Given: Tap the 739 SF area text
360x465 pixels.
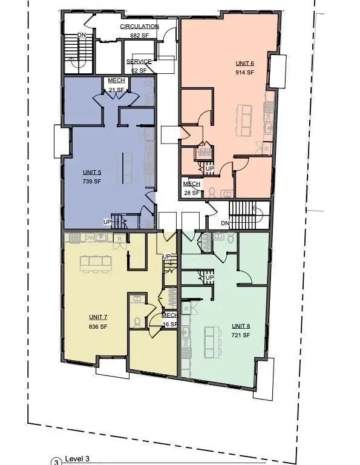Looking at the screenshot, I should pyautogui.click(x=91, y=180).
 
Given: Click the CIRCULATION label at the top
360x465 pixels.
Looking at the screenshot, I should pyautogui.click(x=139, y=27).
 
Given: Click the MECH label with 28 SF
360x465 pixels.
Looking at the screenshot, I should pyautogui.click(x=191, y=184).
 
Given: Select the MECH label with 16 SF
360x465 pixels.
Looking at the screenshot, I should pyautogui.click(x=169, y=315).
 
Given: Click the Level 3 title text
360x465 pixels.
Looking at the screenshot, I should pyautogui.click(x=77, y=459).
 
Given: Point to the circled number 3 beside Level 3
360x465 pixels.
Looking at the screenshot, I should pyautogui.click(x=56, y=462).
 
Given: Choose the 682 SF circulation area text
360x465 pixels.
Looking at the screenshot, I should pyautogui.click(x=139, y=36).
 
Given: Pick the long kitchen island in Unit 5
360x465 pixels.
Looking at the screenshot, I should pyautogui.click(x=127, y=167).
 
